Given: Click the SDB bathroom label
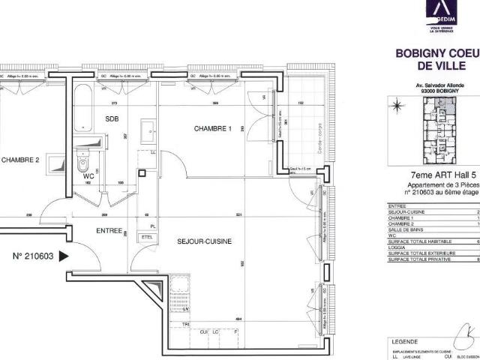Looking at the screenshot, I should pos(112,119).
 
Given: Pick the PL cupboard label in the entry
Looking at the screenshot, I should pos(153,226).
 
